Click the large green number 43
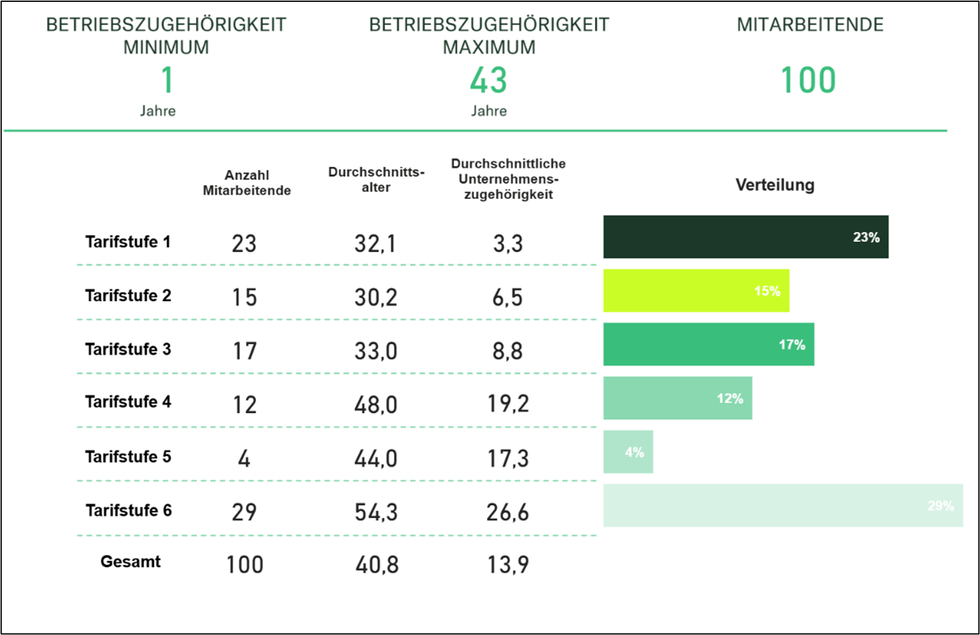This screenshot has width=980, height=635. click(488, 80)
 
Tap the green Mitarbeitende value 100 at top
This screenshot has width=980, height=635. click(808, 80)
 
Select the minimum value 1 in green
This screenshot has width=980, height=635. click(167, 80)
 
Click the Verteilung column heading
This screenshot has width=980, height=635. click(775, 185)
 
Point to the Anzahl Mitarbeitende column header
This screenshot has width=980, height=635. click(247, 183)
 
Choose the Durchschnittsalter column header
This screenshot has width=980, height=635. click(376, 180)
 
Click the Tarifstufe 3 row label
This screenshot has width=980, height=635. click(128, 349)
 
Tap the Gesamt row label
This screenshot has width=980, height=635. click(130, 561)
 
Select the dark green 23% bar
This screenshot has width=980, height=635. click(745, 237)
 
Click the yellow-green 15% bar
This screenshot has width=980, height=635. click(696, 290)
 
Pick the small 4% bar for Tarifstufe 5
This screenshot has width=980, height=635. click(628, 452)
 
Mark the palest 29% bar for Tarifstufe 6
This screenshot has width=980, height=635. click(782, 505)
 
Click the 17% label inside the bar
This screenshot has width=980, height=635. click(792, 345)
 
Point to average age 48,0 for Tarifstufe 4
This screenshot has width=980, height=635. click(376, 405)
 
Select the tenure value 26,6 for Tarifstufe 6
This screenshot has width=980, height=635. click(507, 512)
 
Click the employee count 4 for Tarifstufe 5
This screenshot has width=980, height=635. click(244, 458)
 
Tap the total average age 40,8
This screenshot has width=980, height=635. click(376, 565)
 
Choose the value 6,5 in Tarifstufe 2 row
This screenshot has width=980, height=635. click(507, 297)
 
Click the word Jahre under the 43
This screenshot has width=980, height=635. click(489, 111)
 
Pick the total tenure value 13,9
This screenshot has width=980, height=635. click(508, 565)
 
